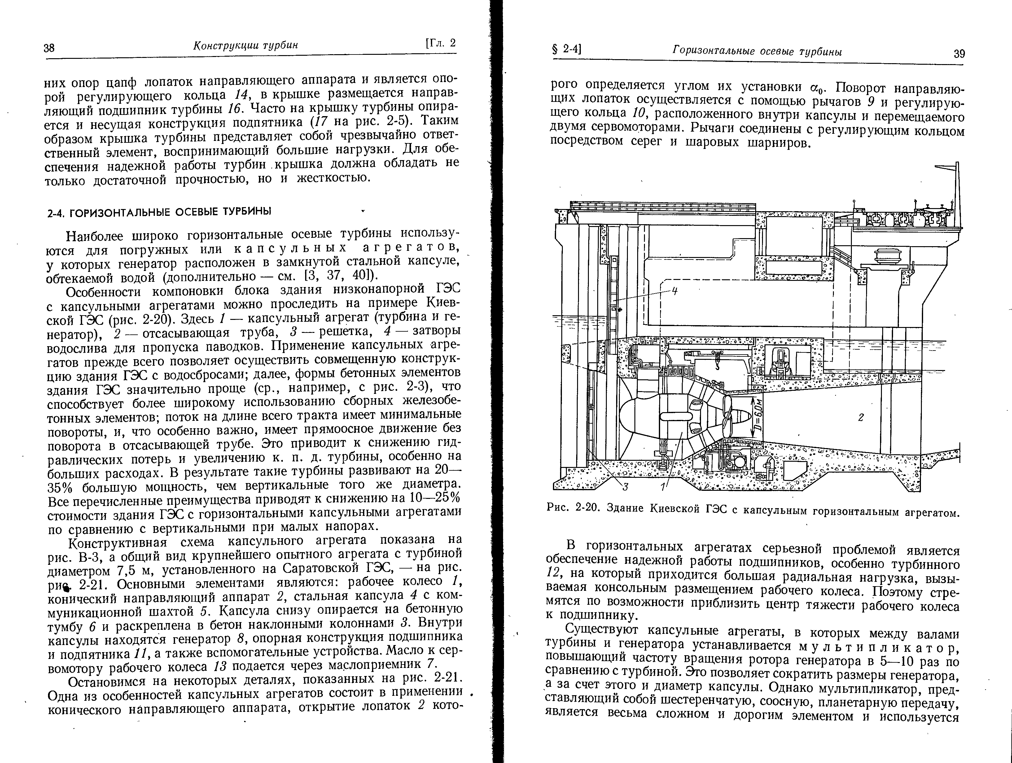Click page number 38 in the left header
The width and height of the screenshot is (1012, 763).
(x=49, y=48)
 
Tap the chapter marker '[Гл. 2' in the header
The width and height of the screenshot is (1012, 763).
(x=440, y=43)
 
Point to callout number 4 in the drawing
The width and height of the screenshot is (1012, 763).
(x=674, y=291)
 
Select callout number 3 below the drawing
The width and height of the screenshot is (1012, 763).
(x=625, y=487)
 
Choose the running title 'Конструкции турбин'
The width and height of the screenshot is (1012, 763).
(x=245, y=45)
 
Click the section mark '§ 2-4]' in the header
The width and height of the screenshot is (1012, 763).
(x=566, y=50)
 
